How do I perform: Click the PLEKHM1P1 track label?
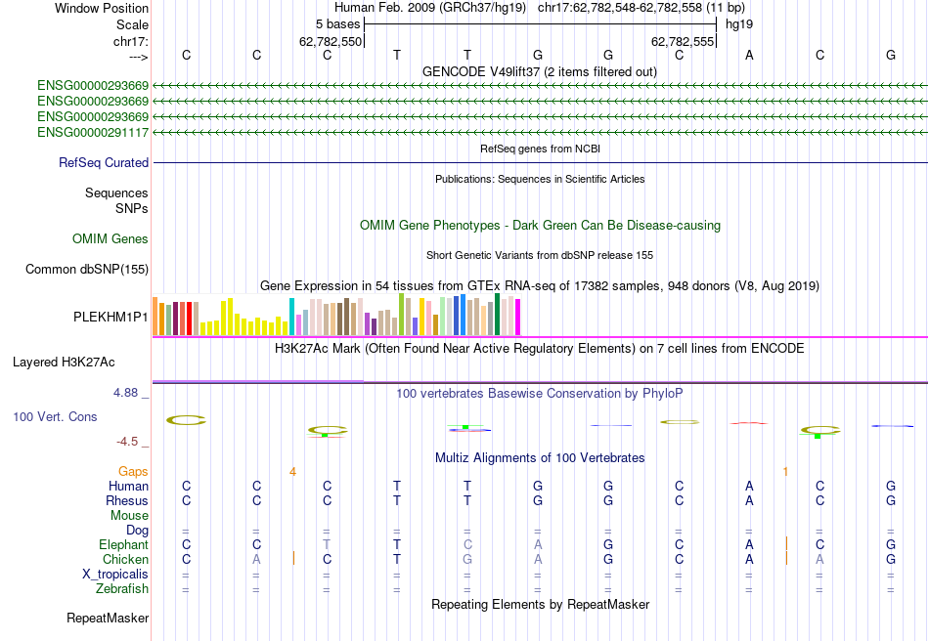point(111,318)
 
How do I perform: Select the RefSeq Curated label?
point(104,163)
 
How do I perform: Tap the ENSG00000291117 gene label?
point(93,132)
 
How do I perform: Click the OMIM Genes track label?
point(111,239)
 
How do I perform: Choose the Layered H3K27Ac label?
point(64,362)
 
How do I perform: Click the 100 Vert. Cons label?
point(56,417)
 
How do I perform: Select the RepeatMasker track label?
point(108,619)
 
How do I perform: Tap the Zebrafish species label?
point(122,589)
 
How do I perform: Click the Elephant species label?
point(123,544)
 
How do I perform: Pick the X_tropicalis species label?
point(115,575)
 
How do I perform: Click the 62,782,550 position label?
point(331,42)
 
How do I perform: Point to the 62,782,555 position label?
point(684,42)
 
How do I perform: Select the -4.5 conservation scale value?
point(128,442)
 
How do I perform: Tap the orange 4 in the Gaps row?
point(292,472)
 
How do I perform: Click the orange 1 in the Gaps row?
point(785,472)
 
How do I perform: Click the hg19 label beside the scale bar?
point(738,23)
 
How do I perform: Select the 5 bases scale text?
point(338,23)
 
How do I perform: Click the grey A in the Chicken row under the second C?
point(256,559)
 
